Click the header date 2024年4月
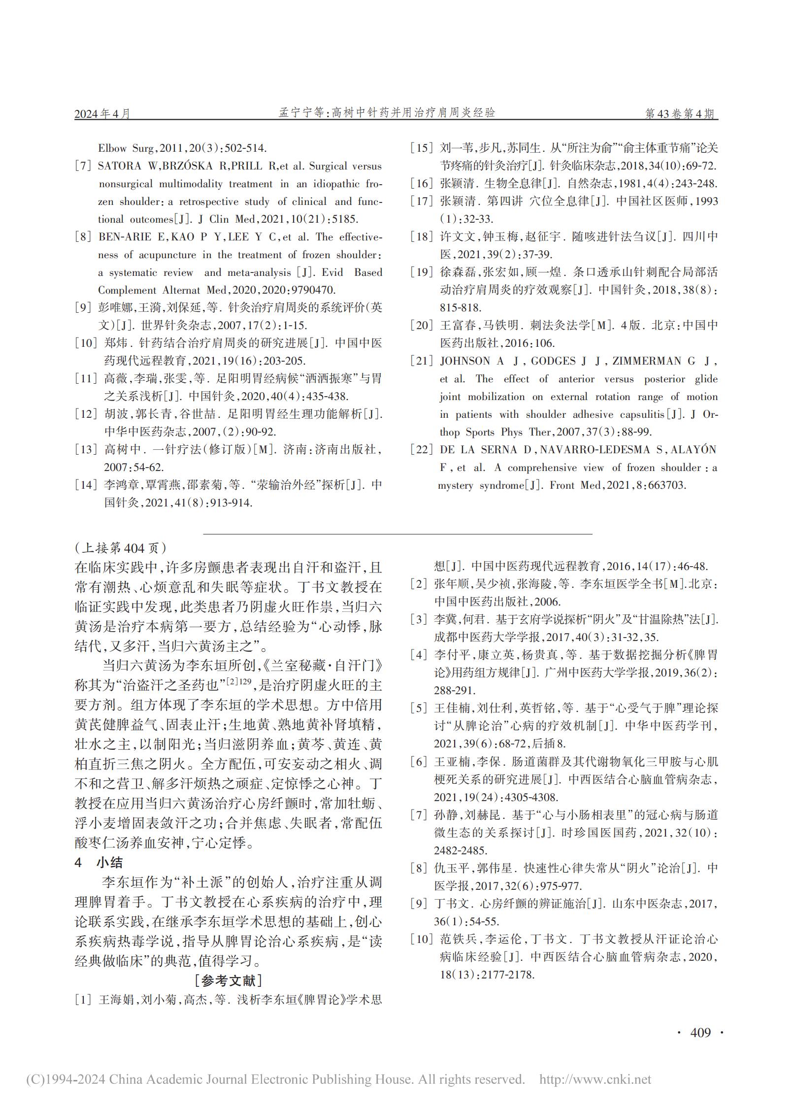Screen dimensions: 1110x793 102,114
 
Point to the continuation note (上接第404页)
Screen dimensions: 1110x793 120,547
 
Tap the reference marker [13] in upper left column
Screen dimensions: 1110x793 86,450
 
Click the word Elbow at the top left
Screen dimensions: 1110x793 112,148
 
